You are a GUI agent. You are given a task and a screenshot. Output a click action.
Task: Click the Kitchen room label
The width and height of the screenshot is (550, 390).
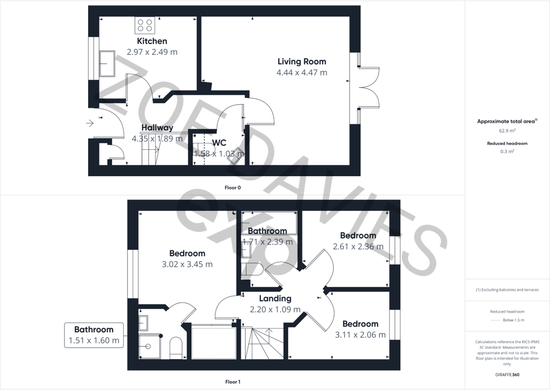[x=152, y=41]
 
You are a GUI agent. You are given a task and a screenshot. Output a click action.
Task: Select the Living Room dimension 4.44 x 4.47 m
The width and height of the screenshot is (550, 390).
[x=302, y=73]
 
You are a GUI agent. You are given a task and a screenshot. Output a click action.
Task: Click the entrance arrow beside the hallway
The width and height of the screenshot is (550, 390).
[x=90, y=124]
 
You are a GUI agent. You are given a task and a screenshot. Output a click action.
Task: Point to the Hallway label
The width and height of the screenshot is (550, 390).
[x=157, y=127]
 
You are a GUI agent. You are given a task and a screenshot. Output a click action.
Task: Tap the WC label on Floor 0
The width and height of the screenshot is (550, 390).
[x=219, y=143]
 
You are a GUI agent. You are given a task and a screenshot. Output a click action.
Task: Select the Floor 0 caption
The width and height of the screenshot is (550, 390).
[x=233, y=188]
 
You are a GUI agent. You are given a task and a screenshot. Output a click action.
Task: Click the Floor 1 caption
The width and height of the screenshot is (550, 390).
[x=233, y=381]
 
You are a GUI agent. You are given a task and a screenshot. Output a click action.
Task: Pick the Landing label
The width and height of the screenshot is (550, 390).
[x=275, y=299]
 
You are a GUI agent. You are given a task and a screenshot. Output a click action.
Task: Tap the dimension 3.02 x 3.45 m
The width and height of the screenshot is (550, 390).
[x=187, y=264]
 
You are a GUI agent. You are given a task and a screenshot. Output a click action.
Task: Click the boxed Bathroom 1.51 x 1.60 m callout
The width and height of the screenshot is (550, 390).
[x=94, y=335]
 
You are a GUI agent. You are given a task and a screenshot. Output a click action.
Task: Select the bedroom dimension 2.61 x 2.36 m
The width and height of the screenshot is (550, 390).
[x=358, y=246]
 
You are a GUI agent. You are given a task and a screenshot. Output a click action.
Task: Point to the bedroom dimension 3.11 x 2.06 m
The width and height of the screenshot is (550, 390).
[x=360, y=335]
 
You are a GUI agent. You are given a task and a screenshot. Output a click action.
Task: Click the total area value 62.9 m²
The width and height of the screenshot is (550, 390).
[x=507, y=130]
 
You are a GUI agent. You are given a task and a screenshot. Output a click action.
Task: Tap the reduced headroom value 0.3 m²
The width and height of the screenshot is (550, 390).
[x=507, y=152]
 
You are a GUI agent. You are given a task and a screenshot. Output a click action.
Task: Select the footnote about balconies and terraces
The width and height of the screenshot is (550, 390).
[x=507, y=290]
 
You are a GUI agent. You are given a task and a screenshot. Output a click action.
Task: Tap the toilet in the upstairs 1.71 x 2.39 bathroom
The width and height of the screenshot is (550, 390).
[x=252, y=269]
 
